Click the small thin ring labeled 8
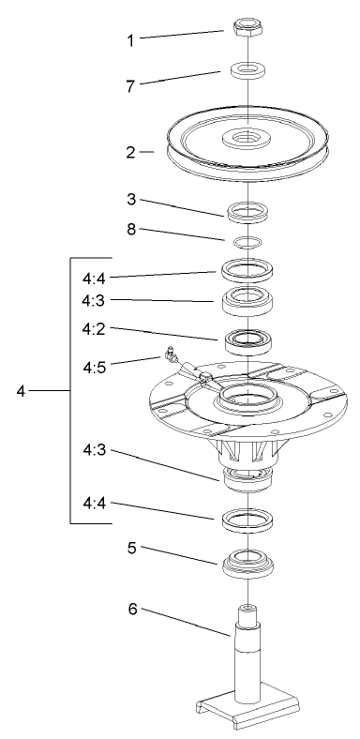click(x=246, y=243)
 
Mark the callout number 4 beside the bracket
click(x=21, y=390)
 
